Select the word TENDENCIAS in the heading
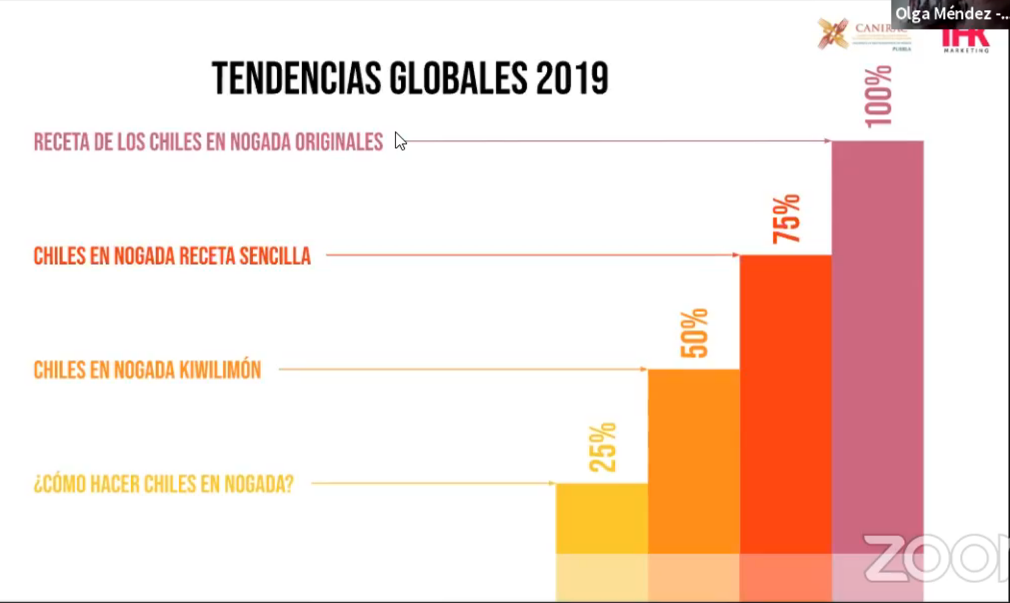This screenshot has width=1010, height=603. pos(296,79)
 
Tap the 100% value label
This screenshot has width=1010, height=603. pos(878,96)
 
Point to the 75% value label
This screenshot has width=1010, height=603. pos(787,219)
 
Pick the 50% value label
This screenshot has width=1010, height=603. pos(694,333)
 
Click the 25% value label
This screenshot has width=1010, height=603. pos(602,447)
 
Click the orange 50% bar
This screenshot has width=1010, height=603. pos(694,460)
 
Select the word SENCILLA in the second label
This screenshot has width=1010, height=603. pos(275,256)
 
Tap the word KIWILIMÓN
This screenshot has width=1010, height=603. pos(219,370)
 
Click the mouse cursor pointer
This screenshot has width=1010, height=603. pos(400,141)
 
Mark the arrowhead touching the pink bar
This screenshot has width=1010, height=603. pos(827,141)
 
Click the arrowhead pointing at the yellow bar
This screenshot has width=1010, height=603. pos(552,483)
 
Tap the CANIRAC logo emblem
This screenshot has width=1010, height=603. pos(833,33)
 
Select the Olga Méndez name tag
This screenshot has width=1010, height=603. pos(951,13)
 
